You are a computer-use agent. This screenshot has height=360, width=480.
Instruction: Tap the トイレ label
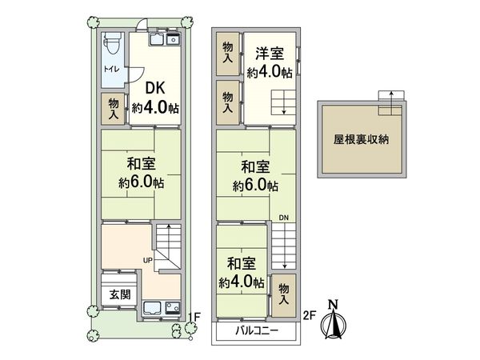pos(111,70)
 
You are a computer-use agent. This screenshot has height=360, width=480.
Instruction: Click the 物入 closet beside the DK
pos(113,108)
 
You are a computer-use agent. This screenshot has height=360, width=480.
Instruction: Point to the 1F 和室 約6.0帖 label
pos(140,173)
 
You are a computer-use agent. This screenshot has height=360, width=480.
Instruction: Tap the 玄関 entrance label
pos(119,293)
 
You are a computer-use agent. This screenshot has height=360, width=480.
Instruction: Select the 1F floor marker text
pos(194,317)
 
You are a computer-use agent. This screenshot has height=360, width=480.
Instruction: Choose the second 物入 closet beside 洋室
pos(229,100)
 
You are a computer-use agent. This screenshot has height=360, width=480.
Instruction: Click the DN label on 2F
pos(284,218)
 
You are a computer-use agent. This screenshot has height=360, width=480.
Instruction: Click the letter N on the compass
pos(336,303)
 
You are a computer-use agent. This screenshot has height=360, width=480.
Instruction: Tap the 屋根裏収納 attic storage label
pos(361,139)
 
